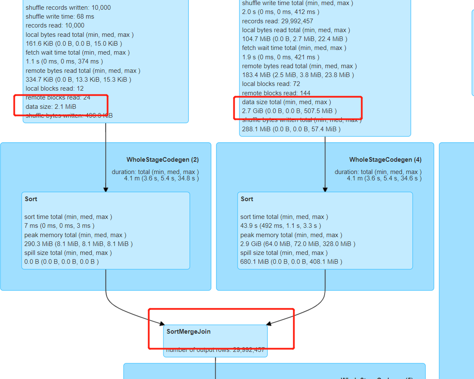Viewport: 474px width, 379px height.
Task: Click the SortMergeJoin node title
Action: pos(188,332)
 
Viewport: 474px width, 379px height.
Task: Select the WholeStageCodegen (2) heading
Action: pos(163,160)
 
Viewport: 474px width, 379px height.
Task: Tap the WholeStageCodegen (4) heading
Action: pos(385,160)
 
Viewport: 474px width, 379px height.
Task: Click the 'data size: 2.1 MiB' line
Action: pos(51,106)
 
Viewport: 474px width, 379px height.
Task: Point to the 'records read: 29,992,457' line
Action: pos(278,21)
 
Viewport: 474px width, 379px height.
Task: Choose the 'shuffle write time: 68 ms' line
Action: pos(60,17)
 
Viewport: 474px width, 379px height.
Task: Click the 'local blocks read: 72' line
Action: pos(271,84)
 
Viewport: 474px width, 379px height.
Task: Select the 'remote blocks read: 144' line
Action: pos(276,93)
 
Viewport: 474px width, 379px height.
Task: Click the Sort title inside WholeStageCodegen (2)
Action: pos(31,199)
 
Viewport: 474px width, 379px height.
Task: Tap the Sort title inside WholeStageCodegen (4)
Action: pos(247,199)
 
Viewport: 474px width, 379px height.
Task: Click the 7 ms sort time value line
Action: pos(59,226)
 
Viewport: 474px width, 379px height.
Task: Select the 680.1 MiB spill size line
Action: pos(291,262)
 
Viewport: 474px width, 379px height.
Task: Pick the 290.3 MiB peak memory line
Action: pos(79,244)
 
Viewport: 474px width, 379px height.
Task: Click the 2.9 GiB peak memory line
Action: pos(298,244)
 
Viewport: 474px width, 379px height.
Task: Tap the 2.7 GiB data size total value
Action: pos(289,111)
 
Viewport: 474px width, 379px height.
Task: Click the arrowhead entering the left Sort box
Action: pos(106,190)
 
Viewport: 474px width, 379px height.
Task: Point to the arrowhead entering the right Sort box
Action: pos(325,190)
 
